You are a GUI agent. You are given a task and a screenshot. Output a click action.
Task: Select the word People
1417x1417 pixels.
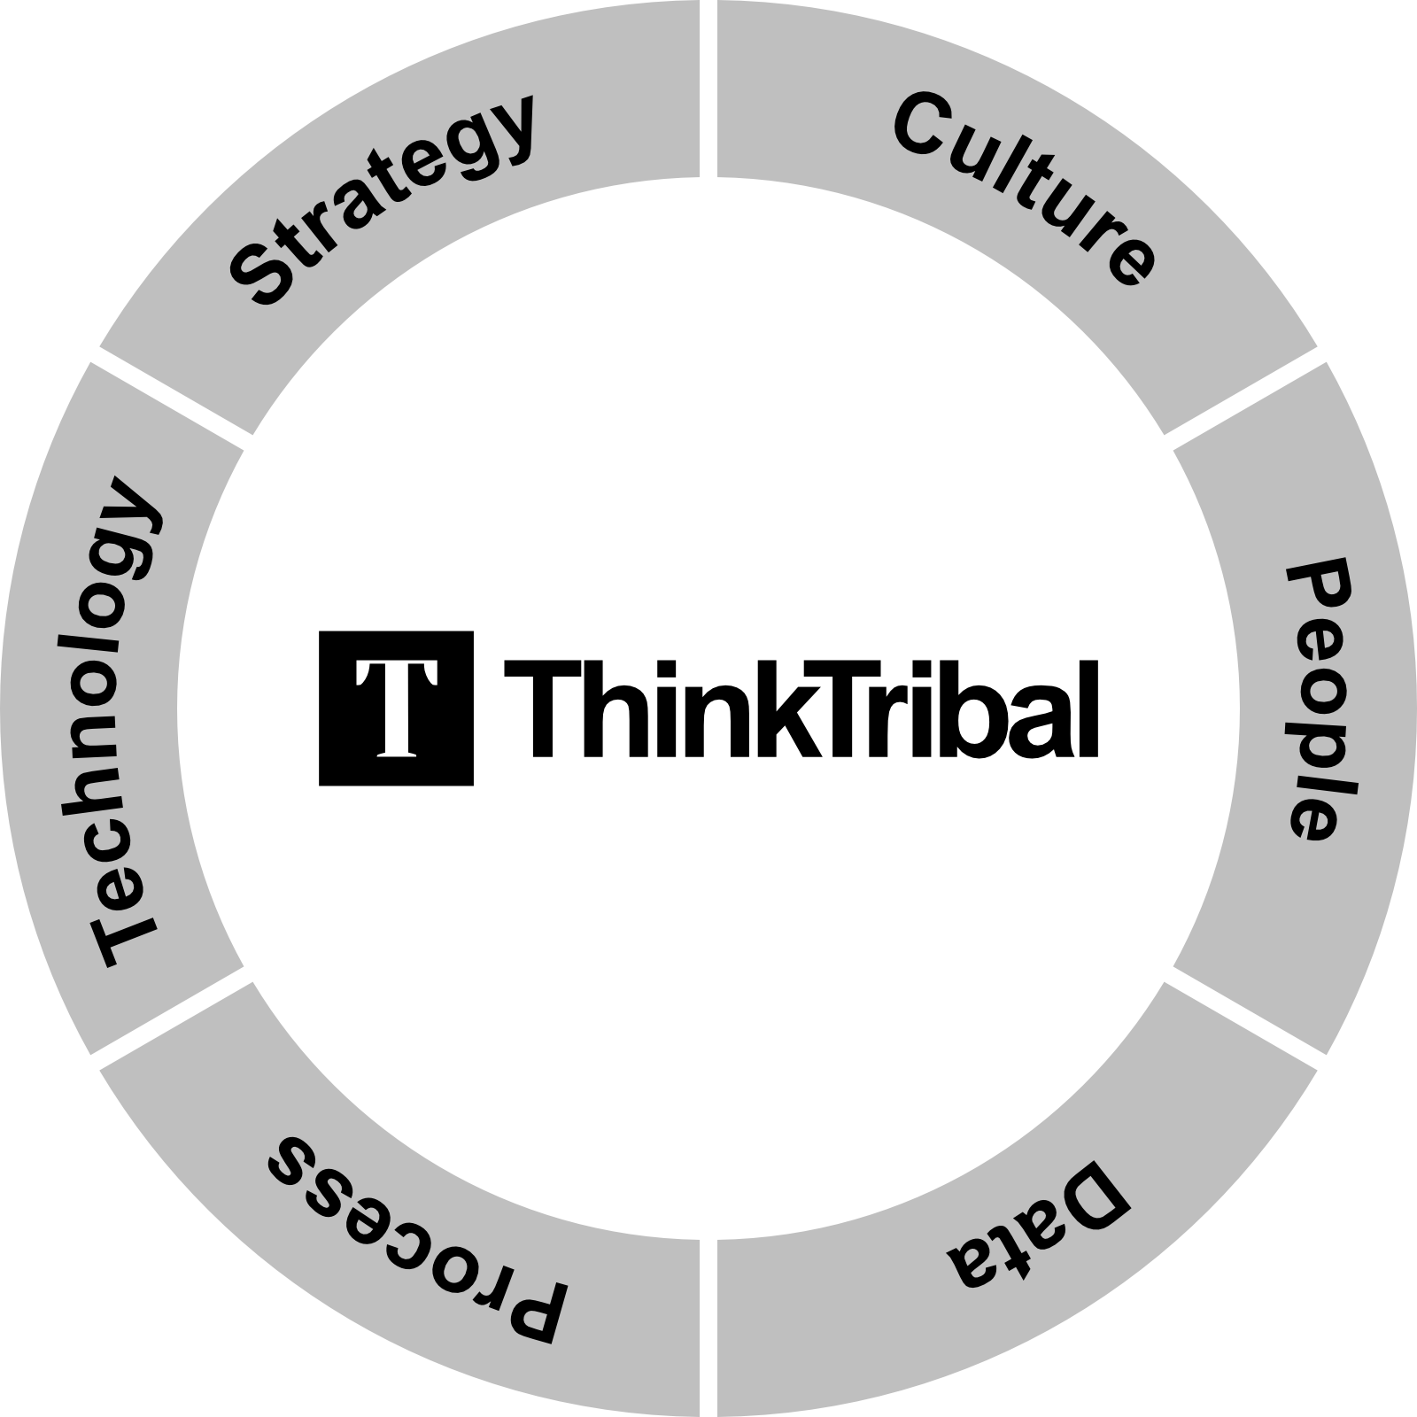1320,700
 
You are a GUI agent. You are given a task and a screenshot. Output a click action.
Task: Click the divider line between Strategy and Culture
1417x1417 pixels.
708,89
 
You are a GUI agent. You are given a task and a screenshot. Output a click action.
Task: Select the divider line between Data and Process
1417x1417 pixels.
708,1328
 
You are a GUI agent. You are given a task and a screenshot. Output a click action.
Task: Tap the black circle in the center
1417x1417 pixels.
708,708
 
